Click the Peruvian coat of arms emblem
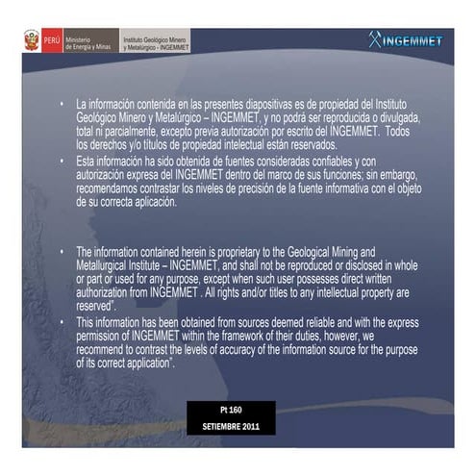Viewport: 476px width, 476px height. click(x=33, y=40)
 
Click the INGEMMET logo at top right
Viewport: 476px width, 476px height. click(x=405, y=40)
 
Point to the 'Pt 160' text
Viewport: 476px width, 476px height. click(x=231, y=410)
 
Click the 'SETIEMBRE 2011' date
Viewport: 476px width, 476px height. click(x=231, y=425)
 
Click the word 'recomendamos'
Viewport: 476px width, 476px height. click(x=111, y=189)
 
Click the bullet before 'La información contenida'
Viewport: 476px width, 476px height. click(x=61, y=102)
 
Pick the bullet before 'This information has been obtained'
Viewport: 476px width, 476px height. click(x=61, y=321)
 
